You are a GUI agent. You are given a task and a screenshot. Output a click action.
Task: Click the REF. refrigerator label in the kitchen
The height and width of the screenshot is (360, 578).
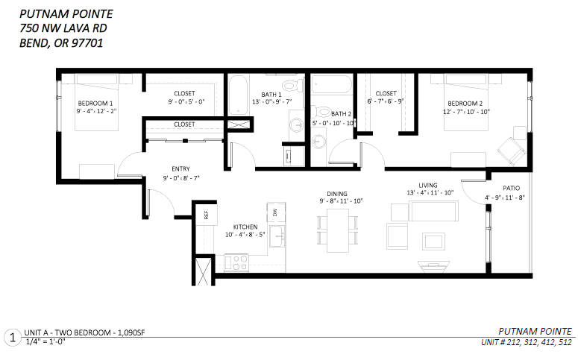[x=206, y=214]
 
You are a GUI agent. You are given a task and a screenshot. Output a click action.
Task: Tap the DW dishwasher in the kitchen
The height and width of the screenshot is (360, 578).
[x=276, y=212]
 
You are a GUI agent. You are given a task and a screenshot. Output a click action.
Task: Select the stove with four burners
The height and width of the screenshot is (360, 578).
[x=236, y=262]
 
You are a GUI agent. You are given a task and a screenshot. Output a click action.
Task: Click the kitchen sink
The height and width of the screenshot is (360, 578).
[x=277, y=236]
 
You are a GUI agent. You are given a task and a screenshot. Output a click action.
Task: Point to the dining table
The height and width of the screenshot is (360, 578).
[x=338, y=230]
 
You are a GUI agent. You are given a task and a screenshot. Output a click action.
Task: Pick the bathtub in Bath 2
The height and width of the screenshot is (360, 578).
[x=332, y=84]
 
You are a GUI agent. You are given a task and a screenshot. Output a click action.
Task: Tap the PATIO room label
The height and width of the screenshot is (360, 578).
[x=512, y=189]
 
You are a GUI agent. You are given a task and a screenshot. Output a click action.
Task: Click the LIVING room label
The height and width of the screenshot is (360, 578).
[x=428, y=186]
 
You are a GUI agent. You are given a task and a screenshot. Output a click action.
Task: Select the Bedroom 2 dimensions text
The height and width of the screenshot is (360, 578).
[x=466, y=112]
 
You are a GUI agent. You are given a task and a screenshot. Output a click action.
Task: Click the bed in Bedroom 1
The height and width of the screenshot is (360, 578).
[x=96, y=102]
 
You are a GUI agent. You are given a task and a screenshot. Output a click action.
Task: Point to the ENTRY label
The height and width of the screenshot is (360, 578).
[x=180, y=168]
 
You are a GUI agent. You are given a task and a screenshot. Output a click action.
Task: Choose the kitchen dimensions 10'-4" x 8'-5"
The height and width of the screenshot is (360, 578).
[x=245, y=235]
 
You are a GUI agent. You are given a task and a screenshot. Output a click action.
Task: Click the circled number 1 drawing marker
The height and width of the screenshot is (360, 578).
[x=13, y=338]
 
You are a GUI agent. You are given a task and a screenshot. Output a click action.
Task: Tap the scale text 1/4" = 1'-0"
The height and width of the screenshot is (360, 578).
[x=45, y=341]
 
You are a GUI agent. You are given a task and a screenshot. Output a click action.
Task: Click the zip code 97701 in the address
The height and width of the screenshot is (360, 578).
[x=87, y=43]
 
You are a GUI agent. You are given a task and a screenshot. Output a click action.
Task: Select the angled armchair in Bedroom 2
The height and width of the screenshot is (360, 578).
[x=512, y=151]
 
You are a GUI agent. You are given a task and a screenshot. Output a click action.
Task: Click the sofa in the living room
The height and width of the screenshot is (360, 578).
[x=433, y=211]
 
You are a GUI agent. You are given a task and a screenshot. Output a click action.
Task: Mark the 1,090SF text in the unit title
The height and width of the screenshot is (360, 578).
[x=131, y=332]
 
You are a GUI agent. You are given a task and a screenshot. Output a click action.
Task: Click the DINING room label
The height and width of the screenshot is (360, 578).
[x=337, y=194]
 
